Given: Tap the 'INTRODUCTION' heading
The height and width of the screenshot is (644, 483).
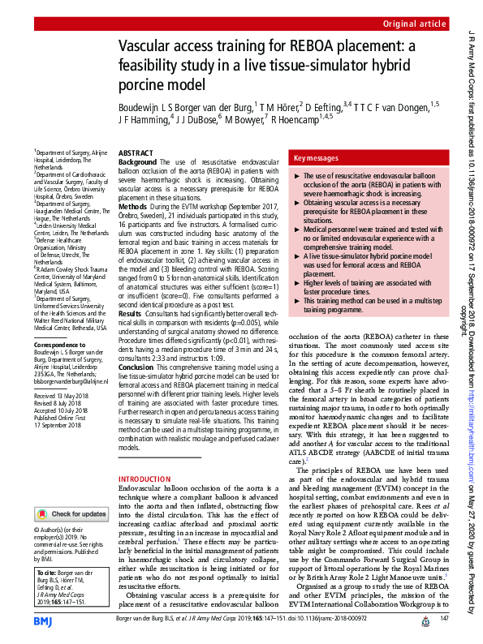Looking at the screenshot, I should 144,479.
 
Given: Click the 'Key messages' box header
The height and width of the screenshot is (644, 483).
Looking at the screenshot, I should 316,159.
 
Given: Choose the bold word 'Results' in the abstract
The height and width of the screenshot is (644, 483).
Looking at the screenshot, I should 130,335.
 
